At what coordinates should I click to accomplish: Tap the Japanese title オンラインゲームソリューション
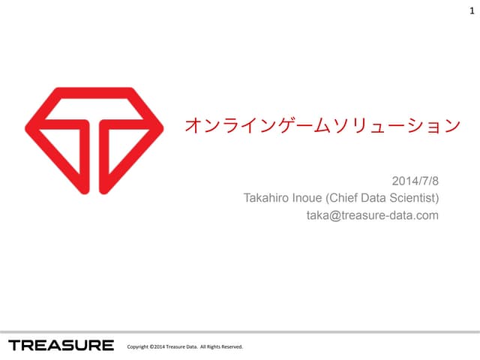tap(322, 124)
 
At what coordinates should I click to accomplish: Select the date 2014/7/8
tap(415, 181)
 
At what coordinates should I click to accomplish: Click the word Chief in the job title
tap(352, 199)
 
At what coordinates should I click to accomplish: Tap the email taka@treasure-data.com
tap(372, 216)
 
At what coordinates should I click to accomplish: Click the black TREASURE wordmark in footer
tap(61, 345)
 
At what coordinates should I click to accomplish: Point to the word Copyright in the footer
tap(139, 346)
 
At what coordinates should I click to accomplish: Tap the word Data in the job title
tap(382, 199)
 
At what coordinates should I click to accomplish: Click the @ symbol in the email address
tap(331, 216)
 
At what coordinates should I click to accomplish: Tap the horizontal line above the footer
tap(240, 331)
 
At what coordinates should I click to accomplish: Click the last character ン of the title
tap(451, 124)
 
